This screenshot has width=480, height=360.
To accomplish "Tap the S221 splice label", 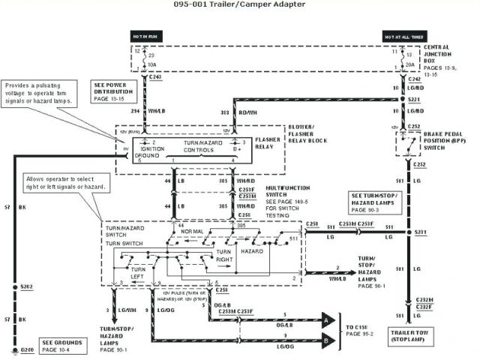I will (414, 99).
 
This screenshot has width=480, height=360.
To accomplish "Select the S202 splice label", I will (27, 287).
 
